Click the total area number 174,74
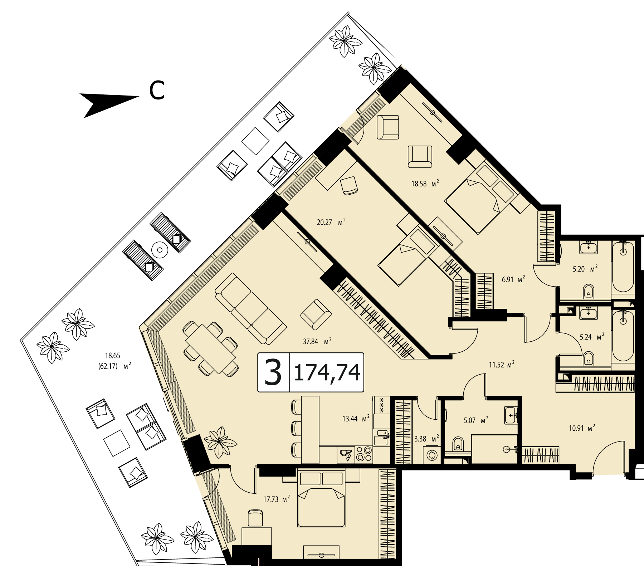coord(327,372)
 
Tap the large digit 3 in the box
coord(273,372)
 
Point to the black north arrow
coord(109,104)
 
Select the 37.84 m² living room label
coord(317,341)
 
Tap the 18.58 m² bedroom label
coord(425,184)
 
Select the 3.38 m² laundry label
coord(426,439)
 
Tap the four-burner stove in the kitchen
coord(364,455)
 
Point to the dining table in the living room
coord(210,349)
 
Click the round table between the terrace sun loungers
coord(160,249)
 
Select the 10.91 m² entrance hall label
coord(582,428)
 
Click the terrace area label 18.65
coord(112,356)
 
